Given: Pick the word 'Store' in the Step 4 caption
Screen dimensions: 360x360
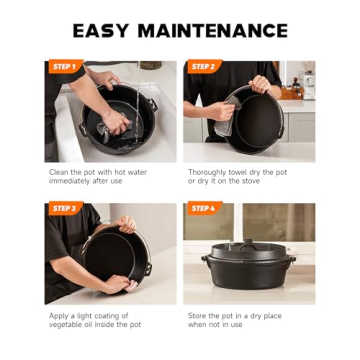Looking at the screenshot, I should [x=198, y=315].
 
